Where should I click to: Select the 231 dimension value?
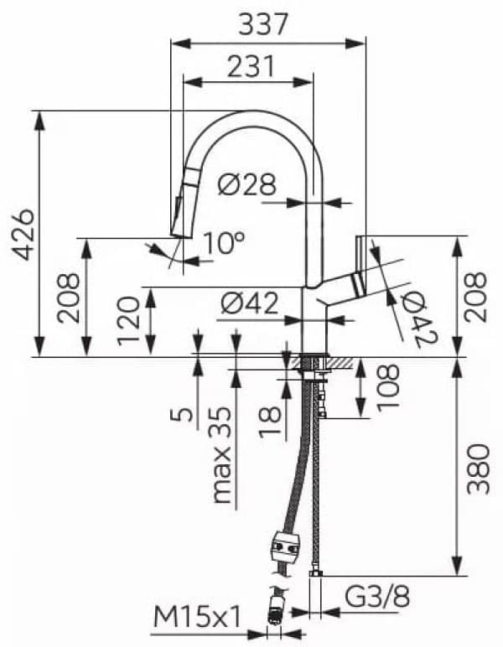(249, 66)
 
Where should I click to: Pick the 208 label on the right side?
(477, 297)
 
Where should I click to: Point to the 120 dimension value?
(127, 323)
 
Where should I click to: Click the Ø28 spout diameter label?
(246, 184)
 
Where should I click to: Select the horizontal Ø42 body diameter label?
(248, 305)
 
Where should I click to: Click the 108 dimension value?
(388, 386)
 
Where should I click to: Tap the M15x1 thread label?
(198, 618)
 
